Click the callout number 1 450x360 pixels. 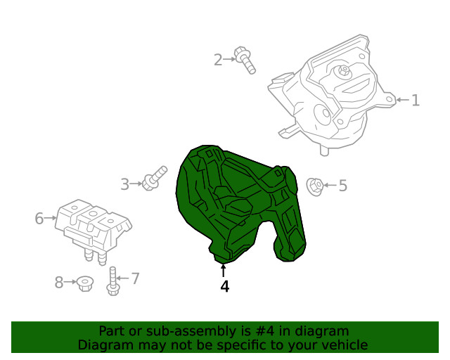point(416,100)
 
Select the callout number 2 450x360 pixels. point(218,60)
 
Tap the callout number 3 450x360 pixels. point(125,184)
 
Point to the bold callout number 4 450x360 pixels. point(225,286)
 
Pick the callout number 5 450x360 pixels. point(343,186)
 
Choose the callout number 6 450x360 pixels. point(39,218)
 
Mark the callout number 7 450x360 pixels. point(135,278)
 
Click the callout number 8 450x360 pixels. point(59,282)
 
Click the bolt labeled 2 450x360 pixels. point(244,60)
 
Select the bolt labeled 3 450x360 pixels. point(155,178)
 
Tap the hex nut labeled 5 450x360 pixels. point(315,187)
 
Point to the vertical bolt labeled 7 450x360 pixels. point(112,281)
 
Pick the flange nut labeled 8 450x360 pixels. point(84,283)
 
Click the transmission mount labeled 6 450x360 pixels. point(92,227)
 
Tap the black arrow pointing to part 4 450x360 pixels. point(223,271)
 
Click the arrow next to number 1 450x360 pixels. point(403,100)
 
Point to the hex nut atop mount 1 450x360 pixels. point(343,70)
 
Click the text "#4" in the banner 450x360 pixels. point(264,331)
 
